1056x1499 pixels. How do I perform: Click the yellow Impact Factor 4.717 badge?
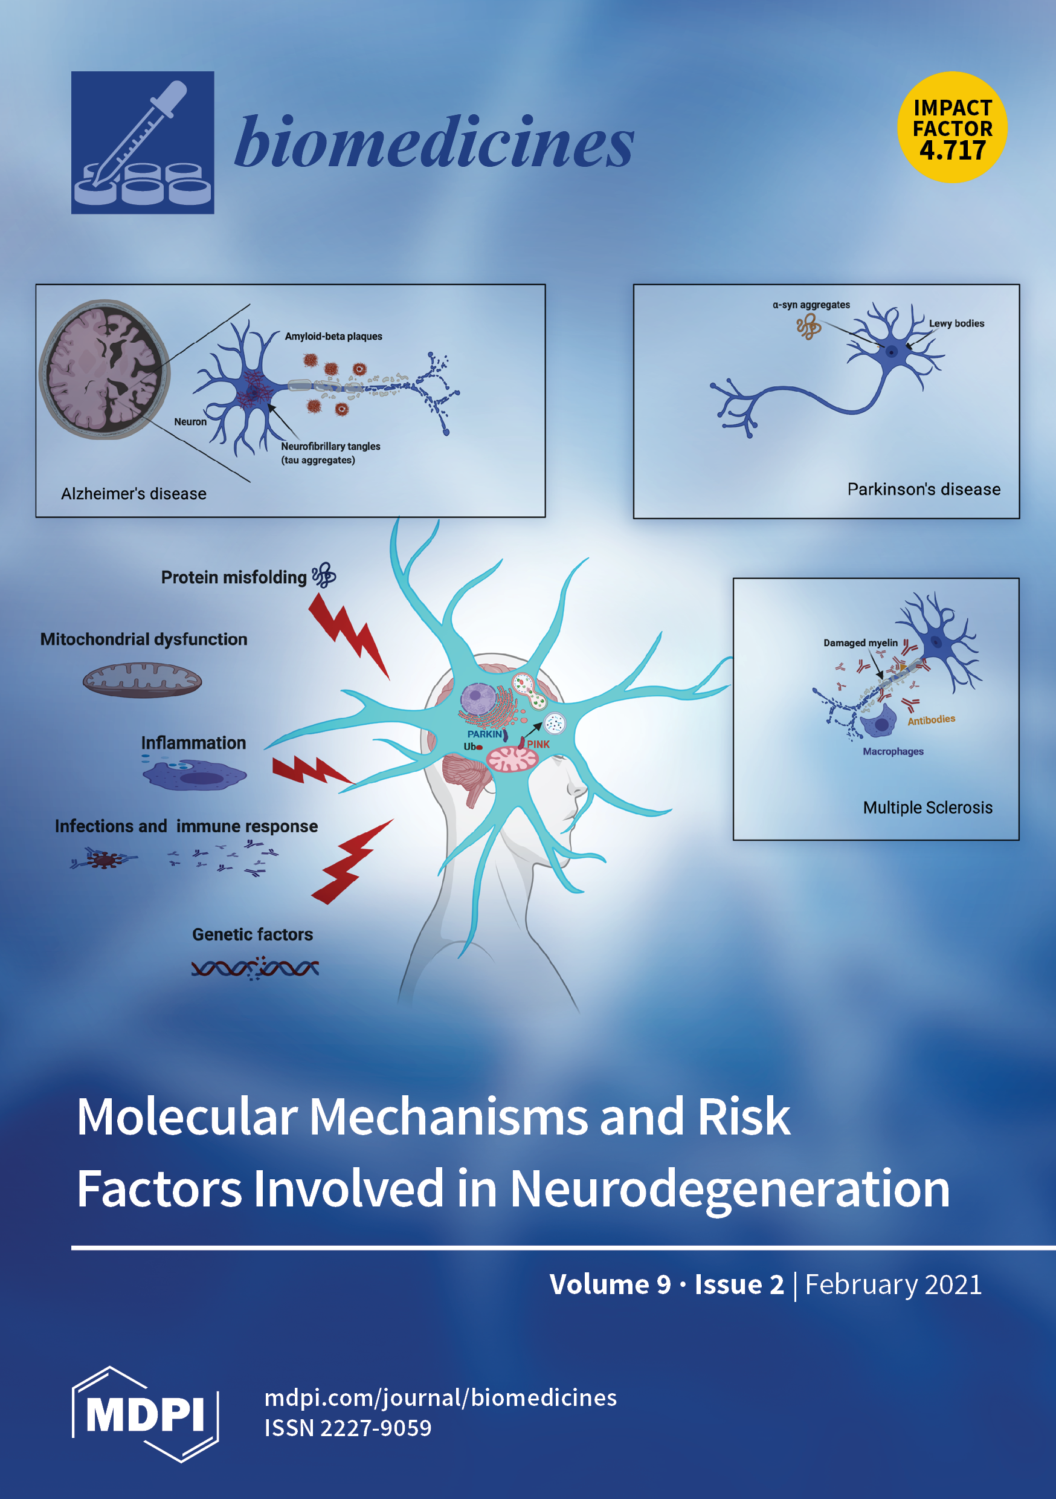coord(952,128)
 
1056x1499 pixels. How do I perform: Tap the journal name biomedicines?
coord(434,141)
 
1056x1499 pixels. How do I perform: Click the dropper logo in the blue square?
coord(143,142)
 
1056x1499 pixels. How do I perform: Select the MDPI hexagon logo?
coord(145,1414)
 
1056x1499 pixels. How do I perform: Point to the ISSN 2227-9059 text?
coord(348,1428)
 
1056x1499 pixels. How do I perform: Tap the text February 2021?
coord(893,1285)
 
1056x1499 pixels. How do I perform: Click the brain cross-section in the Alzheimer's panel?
coord(105,369)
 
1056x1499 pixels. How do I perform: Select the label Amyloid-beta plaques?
coord(333,336)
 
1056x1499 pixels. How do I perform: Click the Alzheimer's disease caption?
coord(134,494)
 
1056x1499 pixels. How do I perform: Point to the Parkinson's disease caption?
coord(924,489)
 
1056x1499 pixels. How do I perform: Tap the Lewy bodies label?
coord(956,323)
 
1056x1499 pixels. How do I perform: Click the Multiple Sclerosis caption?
coord(927,808)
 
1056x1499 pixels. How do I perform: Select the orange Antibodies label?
coord(932,719)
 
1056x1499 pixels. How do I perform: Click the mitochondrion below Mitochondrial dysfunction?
coord(143,681)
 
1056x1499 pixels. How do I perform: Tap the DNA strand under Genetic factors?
coord(254,968)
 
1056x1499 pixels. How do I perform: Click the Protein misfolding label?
coord(234,577)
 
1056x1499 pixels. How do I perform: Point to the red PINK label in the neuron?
coord(538,744)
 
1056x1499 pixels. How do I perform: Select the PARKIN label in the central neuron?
coord(485,734)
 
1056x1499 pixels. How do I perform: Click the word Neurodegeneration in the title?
coord(729,1189)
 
